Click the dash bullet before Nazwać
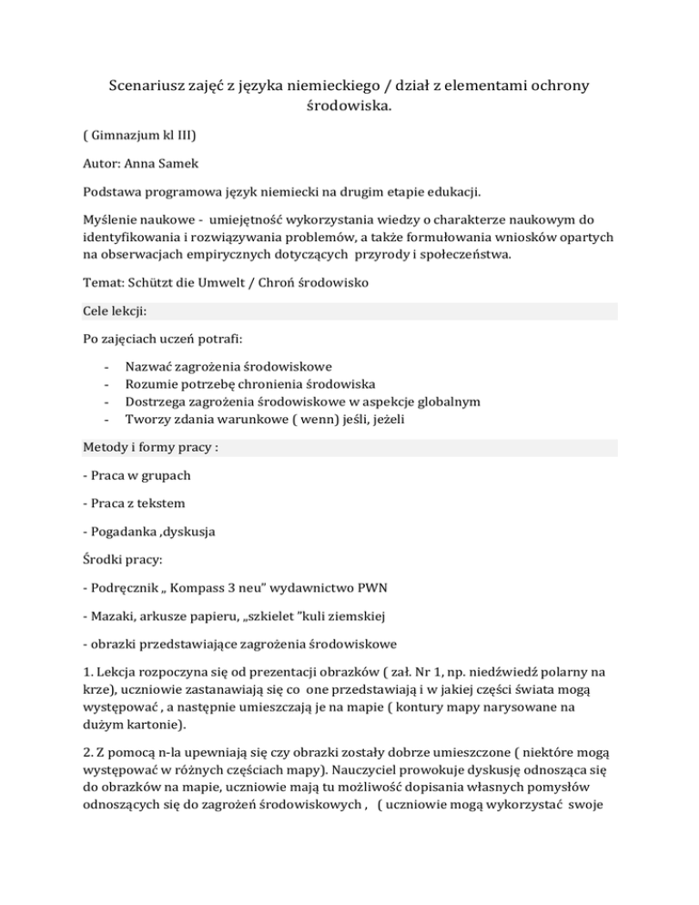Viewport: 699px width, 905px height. click(107, 367)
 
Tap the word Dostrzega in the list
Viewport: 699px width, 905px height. click(157, 402)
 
